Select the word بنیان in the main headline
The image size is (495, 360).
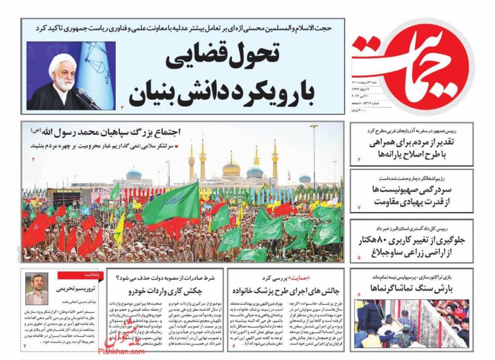pyautogui.click(x=153, y=93)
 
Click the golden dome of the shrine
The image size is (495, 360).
pyautogui.click(x=231, y=166)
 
